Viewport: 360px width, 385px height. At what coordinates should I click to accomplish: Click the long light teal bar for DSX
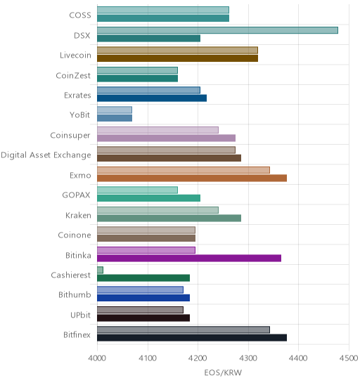click(x=217, y=30)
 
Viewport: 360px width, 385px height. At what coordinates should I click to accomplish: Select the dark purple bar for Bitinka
click(x=189, y=259)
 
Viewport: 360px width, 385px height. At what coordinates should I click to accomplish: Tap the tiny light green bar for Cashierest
click(x=100, y=270)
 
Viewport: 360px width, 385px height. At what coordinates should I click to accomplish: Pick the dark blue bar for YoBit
click(x=115, y=118)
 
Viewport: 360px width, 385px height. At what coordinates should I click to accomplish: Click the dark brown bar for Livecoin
click(x=177, y=58)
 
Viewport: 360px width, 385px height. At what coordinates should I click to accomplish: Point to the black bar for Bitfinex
click(x=192, y=338)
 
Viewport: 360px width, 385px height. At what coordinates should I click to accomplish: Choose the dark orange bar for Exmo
click(x=192, y=178)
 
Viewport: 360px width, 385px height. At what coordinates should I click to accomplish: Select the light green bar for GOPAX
click(x=137, y=190)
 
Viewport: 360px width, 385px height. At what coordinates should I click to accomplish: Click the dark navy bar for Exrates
click(x=152, y=98)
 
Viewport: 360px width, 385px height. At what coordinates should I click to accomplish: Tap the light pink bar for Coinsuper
click(x=157, y=130)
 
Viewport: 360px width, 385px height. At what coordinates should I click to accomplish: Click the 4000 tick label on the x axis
click(x=97, y=358)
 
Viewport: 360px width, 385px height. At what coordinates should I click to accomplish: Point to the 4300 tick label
click(x=248, y=358)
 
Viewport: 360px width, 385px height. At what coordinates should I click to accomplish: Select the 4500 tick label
click(x=349, y=358)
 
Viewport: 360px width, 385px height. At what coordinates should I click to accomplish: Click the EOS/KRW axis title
click(x=223, y=373)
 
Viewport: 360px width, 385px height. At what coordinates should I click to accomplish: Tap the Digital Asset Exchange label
click(x=46, y=155)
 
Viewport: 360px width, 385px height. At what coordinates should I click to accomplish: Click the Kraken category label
click(x=78, y=216)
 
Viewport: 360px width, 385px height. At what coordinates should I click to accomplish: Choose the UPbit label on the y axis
click(x=80, y=315)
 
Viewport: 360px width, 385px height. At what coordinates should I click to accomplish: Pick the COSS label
click(x=80, y=15)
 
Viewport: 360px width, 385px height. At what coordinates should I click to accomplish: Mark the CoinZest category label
click(x=73, y=75)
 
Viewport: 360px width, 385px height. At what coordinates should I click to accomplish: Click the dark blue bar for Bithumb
click(x=143, y=298)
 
